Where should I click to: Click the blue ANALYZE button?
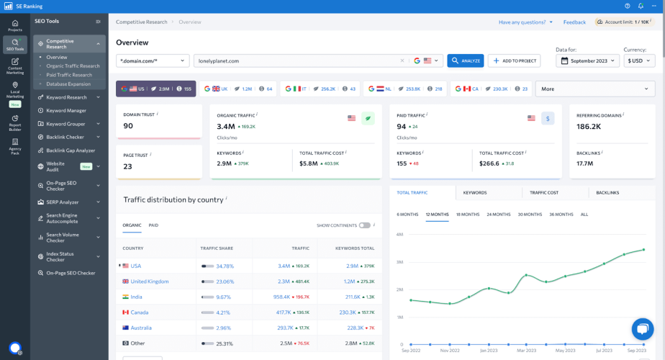pos(465,61)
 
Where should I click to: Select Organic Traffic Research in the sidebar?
pos(73,66)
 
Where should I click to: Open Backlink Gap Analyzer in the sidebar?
pos(71,150)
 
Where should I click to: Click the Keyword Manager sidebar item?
pos(66,111)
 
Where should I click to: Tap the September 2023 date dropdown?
pos(587,61)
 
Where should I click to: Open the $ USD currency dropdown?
pos(638,61)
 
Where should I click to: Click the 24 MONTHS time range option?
pos(498,215)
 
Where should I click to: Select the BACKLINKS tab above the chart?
pos(608,193)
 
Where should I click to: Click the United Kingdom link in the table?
pos(149,282)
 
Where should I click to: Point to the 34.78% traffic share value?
pos(225,266)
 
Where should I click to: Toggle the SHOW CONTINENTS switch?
pos(365,225)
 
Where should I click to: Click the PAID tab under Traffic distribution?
pos(153,225)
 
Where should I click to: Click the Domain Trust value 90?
pos(128,126)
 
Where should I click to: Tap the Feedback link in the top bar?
pos(574,22)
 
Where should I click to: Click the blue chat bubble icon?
pos(641,329)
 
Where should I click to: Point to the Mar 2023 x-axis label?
pos(527,350)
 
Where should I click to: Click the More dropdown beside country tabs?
pos(594,89)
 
